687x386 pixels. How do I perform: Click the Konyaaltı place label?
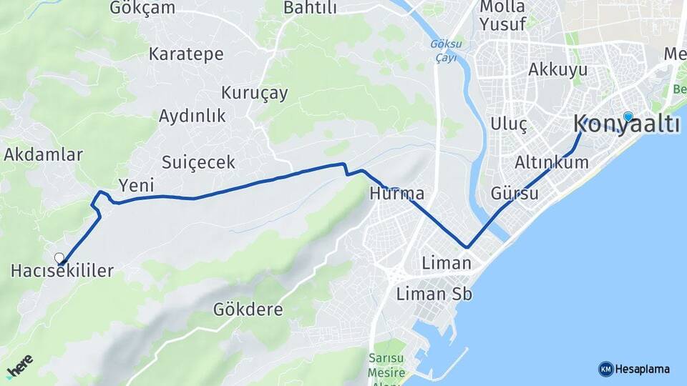626,124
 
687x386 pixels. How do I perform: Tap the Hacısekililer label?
63,271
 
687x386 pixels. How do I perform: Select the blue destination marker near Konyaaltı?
628,117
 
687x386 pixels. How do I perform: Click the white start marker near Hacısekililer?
59,257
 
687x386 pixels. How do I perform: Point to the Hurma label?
396,194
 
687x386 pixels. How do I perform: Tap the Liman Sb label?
434,294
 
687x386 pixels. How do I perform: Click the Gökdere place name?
248,310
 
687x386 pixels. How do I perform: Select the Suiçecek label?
198,162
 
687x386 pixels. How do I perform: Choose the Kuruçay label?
254,93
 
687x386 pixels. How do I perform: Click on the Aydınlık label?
192,116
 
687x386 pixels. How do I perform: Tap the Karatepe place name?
186,54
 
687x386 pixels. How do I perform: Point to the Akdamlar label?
44,154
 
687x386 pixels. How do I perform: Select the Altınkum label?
552,163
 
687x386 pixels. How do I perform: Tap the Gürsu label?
515,194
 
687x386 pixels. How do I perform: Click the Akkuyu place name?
557,69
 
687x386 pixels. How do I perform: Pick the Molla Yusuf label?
502,15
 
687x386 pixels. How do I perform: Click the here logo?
19,366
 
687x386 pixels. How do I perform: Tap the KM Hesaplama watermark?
634,369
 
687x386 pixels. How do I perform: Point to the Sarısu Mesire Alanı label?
387,365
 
